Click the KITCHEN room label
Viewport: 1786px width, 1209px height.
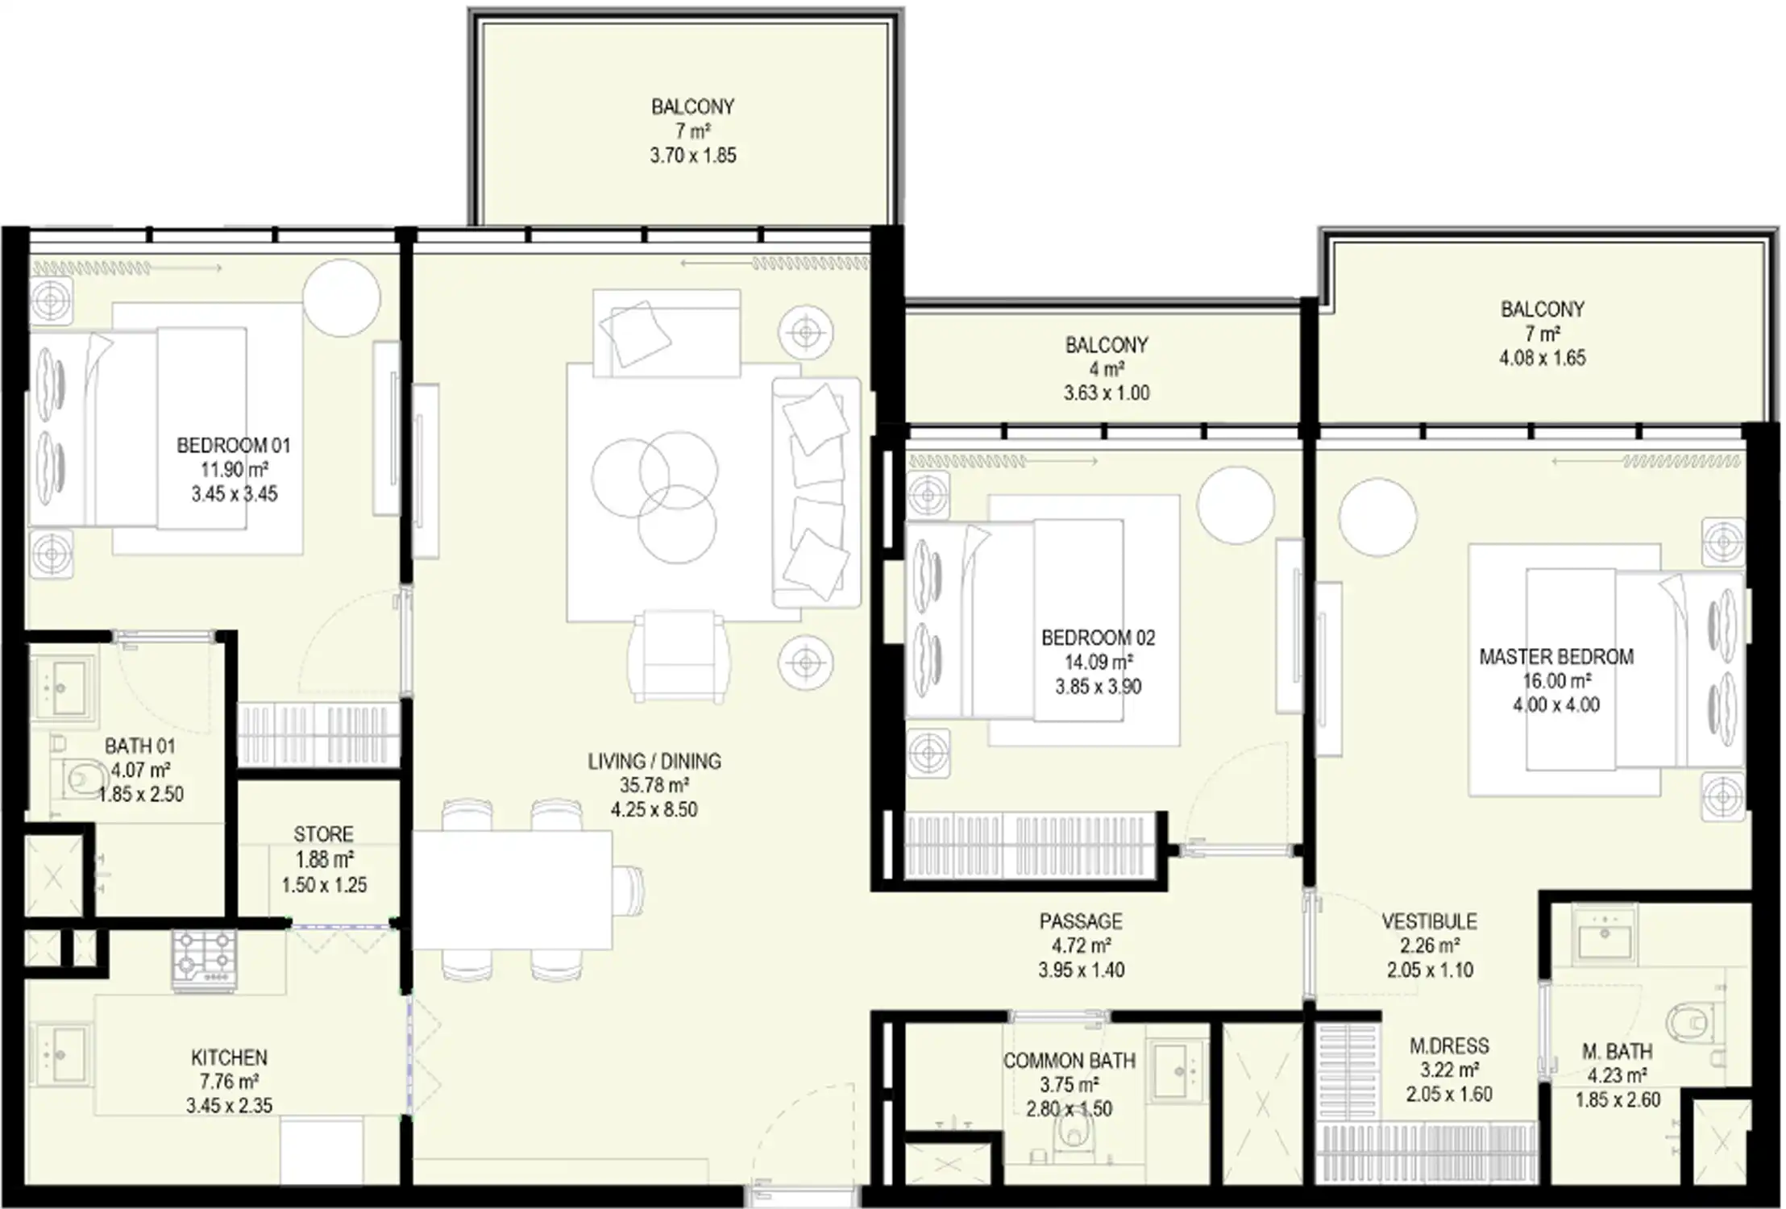[x=229, y=1057]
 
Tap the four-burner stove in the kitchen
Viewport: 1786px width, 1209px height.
[x=205, y=960]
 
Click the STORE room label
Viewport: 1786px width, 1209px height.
[x=323, y=834]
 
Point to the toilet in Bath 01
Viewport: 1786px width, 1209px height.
[x=80, y=778]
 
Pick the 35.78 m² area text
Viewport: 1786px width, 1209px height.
[x=654, y=785]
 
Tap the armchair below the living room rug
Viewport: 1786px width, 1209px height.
[x=679, y=656]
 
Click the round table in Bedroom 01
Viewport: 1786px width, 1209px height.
[x=342, y=297]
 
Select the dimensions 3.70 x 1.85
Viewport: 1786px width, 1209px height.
[x=693, y=156]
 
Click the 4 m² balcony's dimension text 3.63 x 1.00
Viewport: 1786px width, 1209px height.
[x=1107, y=393]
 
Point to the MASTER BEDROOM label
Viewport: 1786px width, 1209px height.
[x=1556, y=657]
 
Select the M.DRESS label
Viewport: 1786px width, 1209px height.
[x=1449, y=1046]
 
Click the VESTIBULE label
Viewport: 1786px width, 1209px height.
[x=1430, y=921]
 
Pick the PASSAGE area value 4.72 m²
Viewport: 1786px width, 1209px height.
[x=1081, y=945]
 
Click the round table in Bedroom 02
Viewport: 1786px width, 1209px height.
[x=1236, y=505]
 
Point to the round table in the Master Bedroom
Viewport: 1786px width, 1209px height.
[x=1377, y=517]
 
